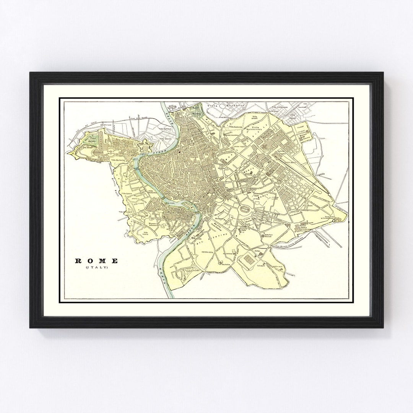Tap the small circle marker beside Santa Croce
pyautogui.click(x=334, y=221)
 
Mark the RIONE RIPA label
pyautogui.click(x=208, y=252)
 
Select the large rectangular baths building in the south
pyautogui.click(x=246, y=260)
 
